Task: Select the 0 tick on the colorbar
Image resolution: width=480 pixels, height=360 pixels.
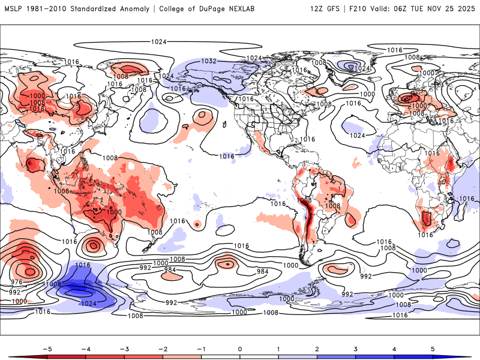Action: coord(239,349)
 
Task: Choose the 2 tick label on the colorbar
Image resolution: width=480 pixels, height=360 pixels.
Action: coord(317,349)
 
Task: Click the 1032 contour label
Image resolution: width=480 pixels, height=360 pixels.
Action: coord(209,61)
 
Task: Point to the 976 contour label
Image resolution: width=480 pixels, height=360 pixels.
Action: coord(17,282)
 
